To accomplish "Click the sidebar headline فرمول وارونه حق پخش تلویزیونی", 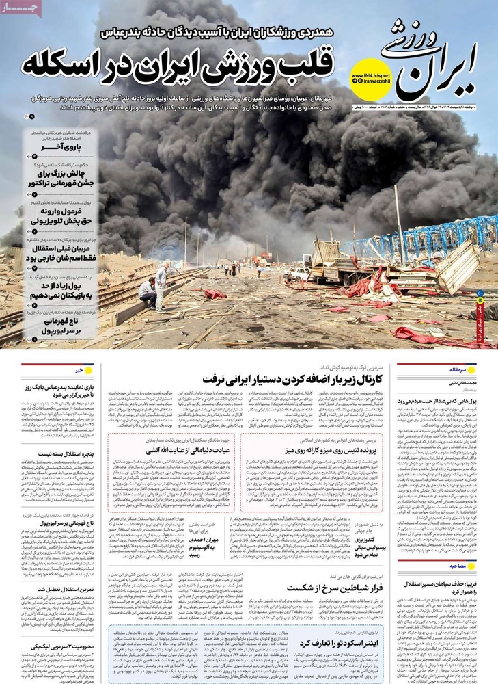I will tap(65, 217).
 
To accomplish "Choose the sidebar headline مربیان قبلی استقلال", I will tap(65, 253).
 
